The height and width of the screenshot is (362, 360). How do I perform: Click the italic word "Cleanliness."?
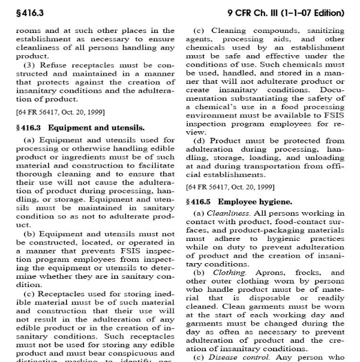pos(227,213)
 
